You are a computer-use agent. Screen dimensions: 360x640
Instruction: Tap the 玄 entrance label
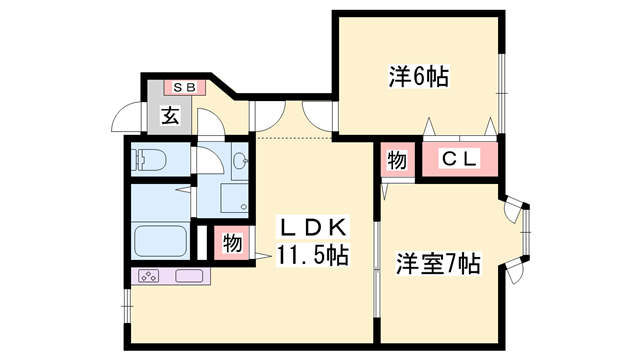pyautogui.click(x=170, y=116)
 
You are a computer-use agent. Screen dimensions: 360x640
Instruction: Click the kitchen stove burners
pyautogui.click(x=148, y=276)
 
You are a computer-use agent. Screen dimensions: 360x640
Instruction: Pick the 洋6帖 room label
pyautogui.click(x=417, y=76)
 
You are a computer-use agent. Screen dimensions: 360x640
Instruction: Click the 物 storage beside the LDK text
pyautogui.click(x=232, y=243)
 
